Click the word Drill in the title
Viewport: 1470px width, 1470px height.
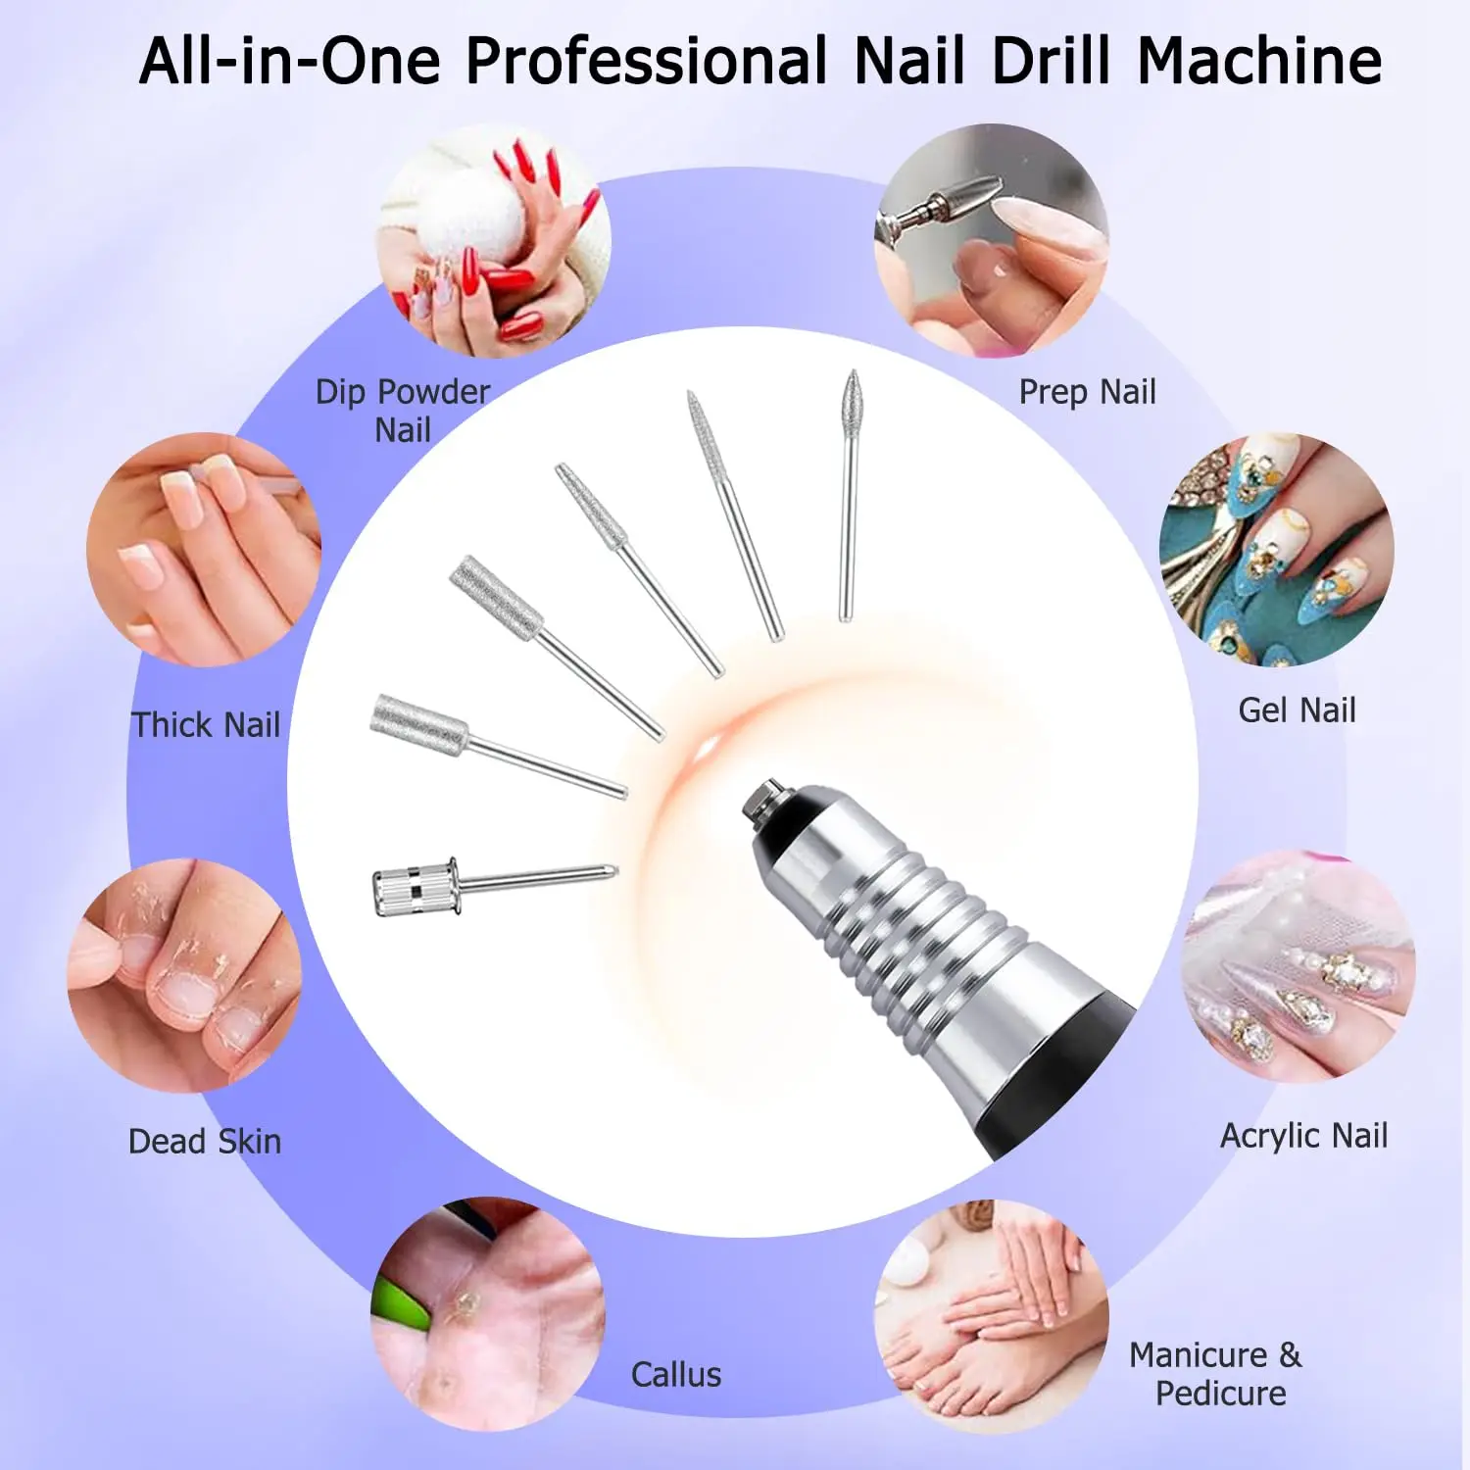1050,61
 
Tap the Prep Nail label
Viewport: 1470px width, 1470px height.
1087,392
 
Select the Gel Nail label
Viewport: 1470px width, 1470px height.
1297,710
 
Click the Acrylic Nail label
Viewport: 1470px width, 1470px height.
1303,1136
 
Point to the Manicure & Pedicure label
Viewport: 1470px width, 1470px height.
1216,1374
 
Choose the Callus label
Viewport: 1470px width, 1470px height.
675,1375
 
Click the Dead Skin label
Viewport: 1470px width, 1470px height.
204,1142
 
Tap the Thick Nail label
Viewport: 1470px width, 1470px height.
206,725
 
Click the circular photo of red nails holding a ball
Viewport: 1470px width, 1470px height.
494,241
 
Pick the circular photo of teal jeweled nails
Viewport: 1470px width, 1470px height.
1276,550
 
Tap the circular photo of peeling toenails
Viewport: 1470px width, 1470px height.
184,976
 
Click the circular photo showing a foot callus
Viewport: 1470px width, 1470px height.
487,1313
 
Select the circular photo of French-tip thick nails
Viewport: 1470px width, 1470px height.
204,550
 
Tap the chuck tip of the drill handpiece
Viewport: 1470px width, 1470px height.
763,800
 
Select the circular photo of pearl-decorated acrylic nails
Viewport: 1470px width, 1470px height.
1299,966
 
